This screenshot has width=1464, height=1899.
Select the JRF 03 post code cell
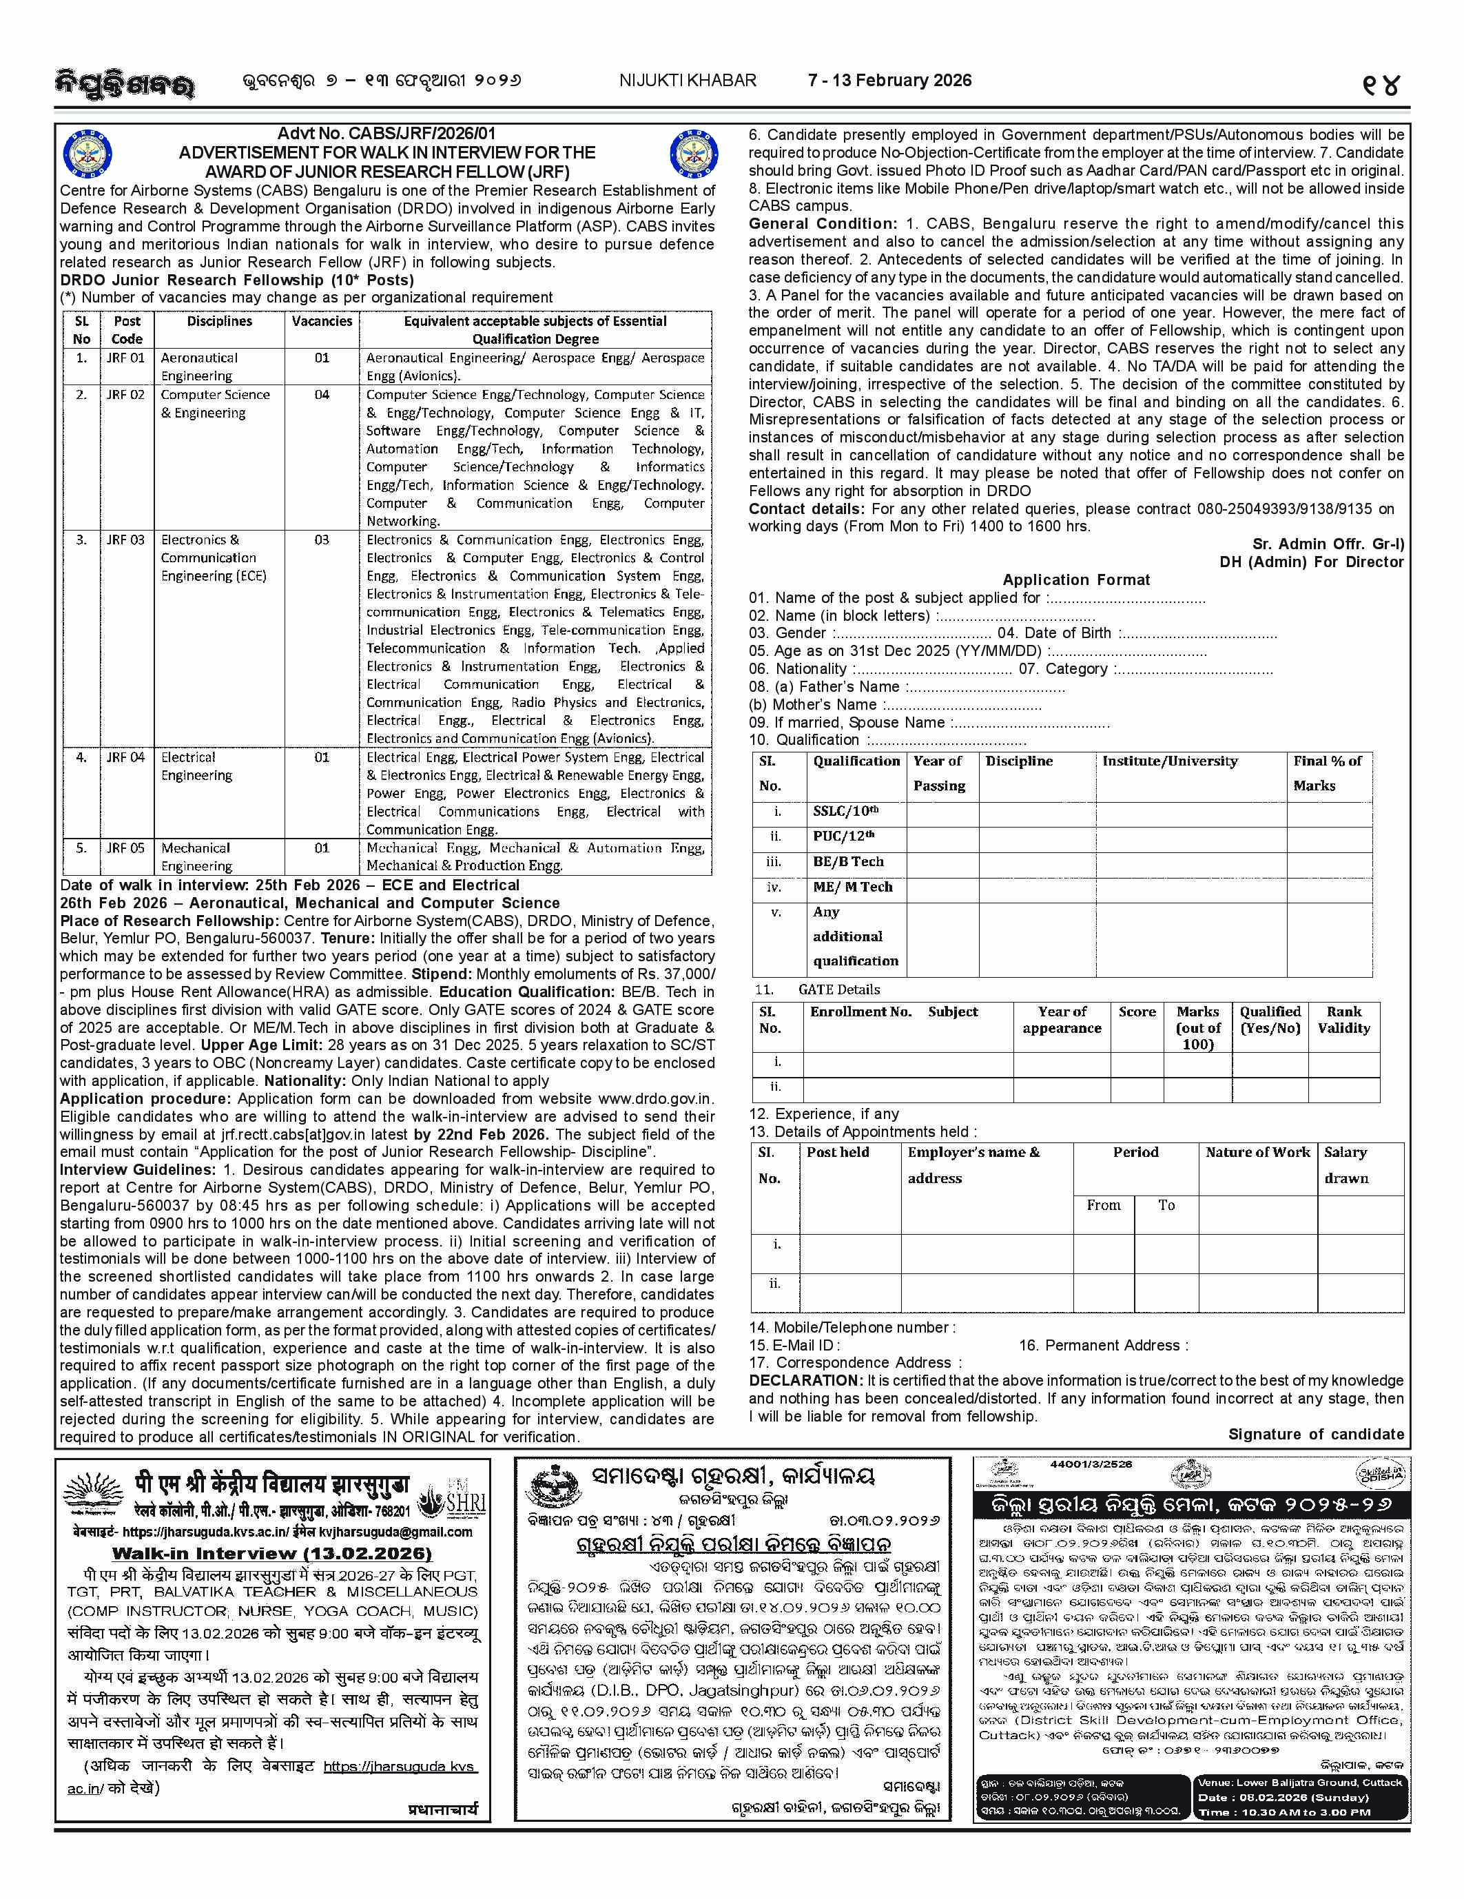point(126,540)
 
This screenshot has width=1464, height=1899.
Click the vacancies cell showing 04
point(322,395)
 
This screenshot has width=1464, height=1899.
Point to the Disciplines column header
point(219,321)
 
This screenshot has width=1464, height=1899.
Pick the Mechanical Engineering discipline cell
point(196,856)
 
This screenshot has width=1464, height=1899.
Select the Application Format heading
point(1075,580)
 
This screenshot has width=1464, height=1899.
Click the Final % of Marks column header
point(1328,772)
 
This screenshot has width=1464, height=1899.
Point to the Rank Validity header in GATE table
point(1343,1019)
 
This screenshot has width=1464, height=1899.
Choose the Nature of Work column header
point(1257,1152)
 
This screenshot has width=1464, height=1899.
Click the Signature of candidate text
point(1315,1434)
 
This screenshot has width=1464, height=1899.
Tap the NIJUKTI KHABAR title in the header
point(687,81)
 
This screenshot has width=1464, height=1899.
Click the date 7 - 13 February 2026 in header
point(889,81)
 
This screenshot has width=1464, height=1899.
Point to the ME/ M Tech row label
point(852,887)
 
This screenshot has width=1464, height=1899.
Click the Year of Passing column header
point(938,772)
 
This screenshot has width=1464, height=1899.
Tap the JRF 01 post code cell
point(126,358)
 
